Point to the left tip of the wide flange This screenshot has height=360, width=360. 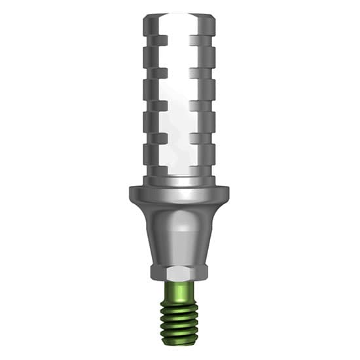click(131, 194)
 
